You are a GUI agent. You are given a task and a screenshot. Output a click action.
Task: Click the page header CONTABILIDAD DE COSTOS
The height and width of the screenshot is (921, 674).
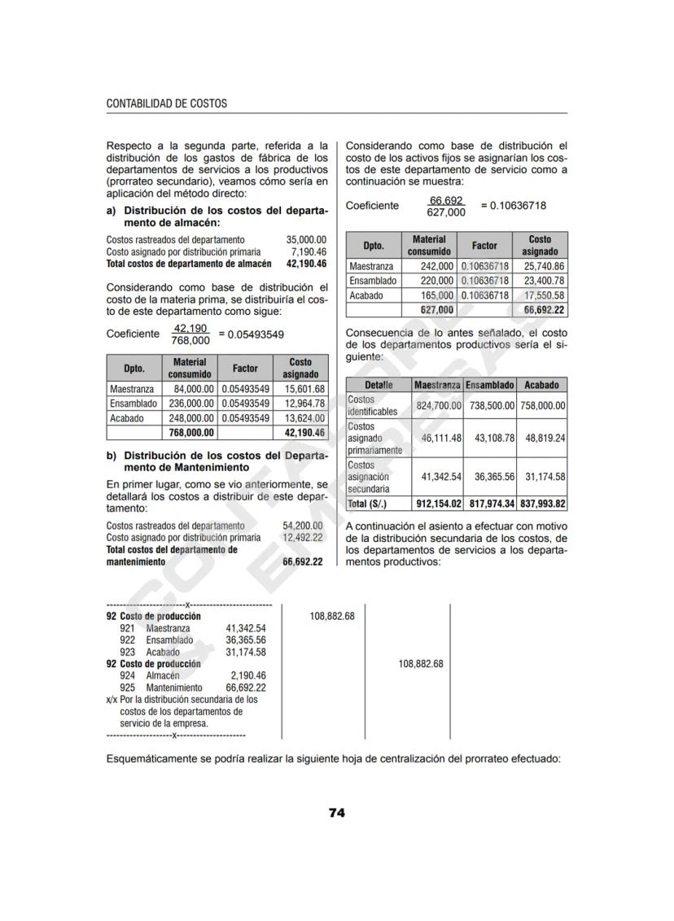pyautogui.click(x=167, y=104)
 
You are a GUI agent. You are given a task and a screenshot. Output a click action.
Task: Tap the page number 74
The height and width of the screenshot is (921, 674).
pyautogui.click(x=337, y=813)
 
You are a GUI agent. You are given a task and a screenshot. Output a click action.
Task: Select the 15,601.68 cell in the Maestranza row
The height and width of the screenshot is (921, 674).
pyautogui.click(x=303, y=389)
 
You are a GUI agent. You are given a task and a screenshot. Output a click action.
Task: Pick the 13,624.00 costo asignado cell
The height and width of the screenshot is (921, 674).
pyautogui.click(x=303, y=418)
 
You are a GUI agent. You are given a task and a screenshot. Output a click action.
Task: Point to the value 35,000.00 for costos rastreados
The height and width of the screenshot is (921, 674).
pyautogui.click(x=306, y=240)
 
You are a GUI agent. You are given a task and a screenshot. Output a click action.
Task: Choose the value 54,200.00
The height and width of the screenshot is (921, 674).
pyautogui.click(x=302, y=526)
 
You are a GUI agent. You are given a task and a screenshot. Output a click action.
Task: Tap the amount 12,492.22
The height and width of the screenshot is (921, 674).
pyautogui.click(x=302, y=538)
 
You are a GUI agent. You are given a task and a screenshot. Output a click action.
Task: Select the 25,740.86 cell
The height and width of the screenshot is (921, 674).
pyautogui.click(x=544, y=266)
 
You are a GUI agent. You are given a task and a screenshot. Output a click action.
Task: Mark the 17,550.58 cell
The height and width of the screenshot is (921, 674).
pyautogui.click(x=544, y=295)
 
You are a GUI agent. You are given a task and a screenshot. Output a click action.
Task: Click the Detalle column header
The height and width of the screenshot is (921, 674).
pyautogui.click(x=379, y=385)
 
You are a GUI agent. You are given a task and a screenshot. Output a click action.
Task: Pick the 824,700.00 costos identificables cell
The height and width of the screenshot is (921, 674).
pyautogui.click(x=439, y=405)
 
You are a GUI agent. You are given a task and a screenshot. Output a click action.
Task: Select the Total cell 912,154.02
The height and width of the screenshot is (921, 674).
pyautogui.click(x=439, y=504)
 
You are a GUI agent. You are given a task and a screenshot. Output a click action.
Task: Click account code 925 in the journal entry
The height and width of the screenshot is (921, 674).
pyautogui.click(x=127, y=687)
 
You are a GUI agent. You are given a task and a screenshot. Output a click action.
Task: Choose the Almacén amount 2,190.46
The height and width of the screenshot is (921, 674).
pyautogui.click(x=247, y=675)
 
